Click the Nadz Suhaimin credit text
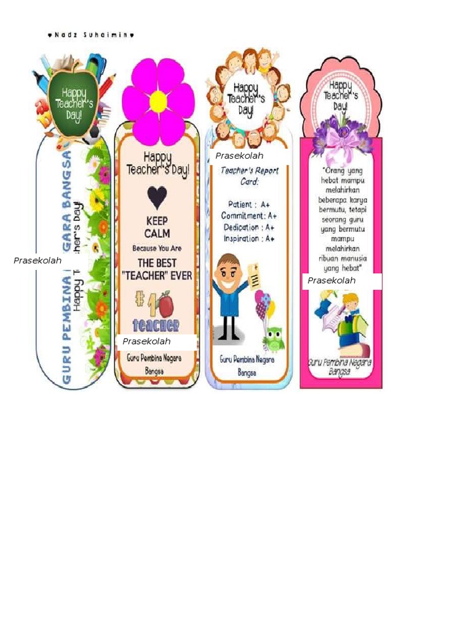90,35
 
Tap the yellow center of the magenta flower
158,102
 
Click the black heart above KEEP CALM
157,197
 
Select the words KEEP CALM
157,227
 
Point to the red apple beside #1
165,305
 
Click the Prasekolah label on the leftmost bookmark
37,261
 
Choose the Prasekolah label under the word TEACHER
146,341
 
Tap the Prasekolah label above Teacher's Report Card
239,156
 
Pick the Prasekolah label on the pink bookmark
332,281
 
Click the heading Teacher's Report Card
250,175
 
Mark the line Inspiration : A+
249,239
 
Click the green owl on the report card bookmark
273,338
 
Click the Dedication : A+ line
249,227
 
